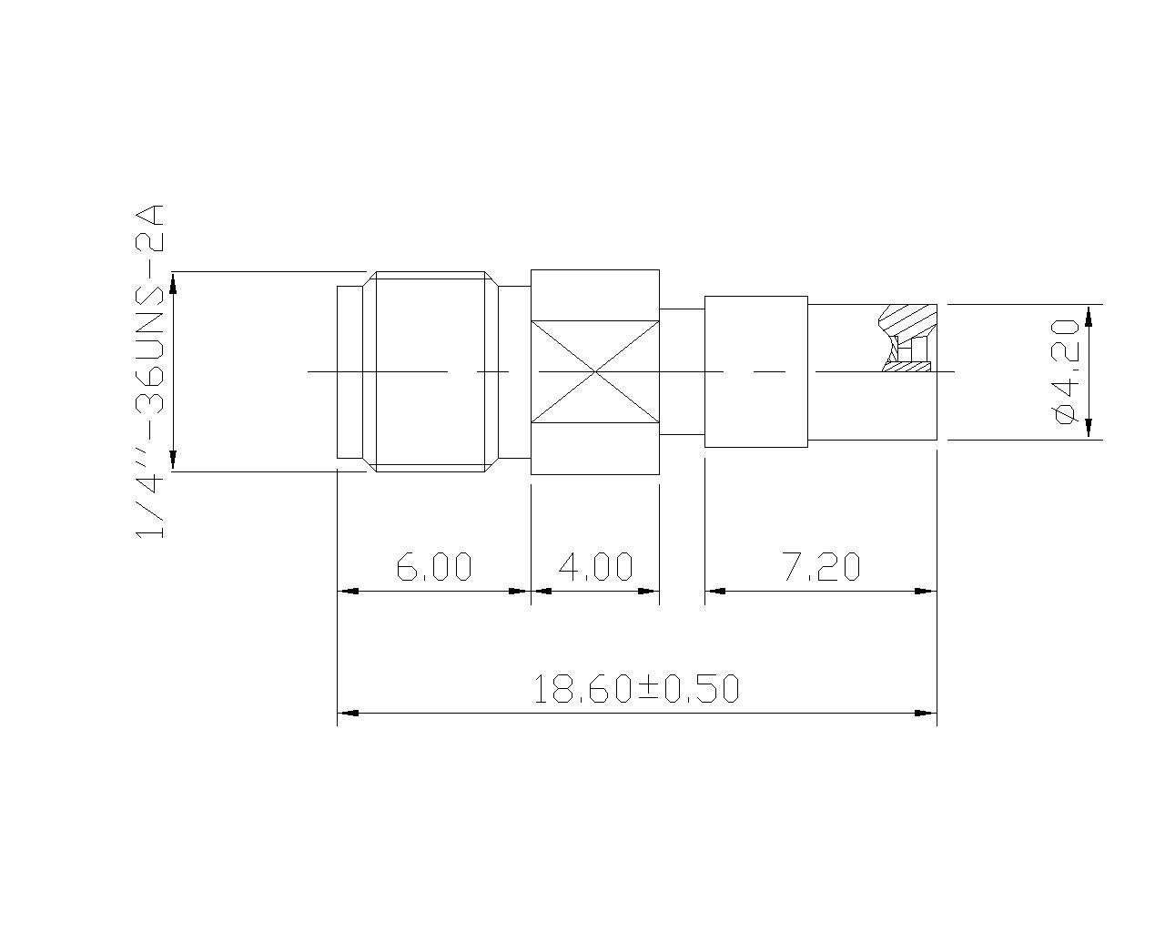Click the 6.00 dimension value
(434, 566)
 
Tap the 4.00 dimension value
(595, 566)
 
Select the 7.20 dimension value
(822, 566)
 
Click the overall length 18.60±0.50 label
(636, 688)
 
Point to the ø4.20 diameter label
(1064, 372)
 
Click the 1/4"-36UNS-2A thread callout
(149, 371)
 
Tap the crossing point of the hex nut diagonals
(595, 371)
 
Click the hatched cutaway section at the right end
(907, 337)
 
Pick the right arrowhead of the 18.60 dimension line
(927, 714)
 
